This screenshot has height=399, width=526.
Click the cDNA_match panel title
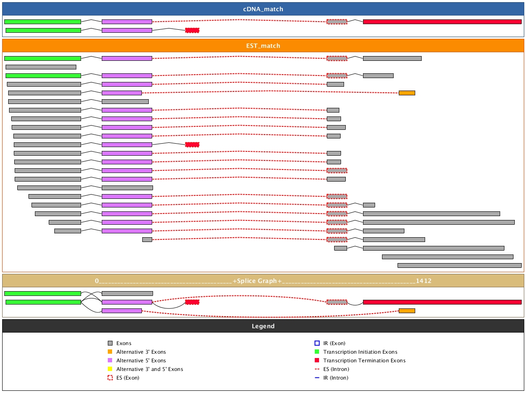(263, 9)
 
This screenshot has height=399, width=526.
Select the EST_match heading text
(263, 46)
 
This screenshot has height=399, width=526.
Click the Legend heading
(263, 326)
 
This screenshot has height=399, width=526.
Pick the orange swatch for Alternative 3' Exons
(110, 352)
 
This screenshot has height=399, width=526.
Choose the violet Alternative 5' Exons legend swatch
(110, 361)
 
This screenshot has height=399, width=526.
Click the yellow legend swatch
(110, 369)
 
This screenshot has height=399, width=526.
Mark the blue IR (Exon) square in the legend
(317, 343)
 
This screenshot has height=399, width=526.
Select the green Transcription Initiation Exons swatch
(317, 352)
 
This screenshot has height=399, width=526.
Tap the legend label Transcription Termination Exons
(364, 361)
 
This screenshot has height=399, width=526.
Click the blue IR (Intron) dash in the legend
(317, 378)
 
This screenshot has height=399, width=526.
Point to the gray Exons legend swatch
(110, 343)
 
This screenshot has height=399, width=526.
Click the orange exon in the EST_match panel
(407, 93)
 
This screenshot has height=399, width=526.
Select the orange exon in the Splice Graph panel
(407, 311)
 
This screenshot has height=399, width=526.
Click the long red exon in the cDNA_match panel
(442, 22)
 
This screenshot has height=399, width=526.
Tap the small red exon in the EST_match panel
(192, 145)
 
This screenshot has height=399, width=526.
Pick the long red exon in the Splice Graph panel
(442, 302)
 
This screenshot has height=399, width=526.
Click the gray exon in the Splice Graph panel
(127, 293)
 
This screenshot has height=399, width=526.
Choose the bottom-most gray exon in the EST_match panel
(459, 265)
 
